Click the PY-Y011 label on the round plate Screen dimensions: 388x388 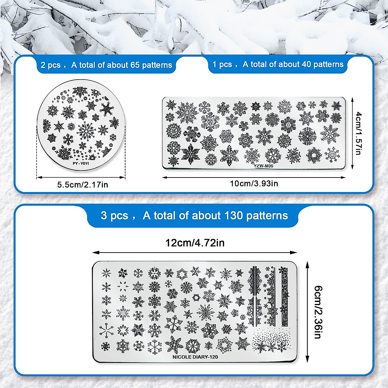[81, 163]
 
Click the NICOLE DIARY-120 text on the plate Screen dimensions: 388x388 [195, 357]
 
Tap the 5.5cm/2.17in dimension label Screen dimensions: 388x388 [82, 185]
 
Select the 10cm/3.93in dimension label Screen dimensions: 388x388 [254, 184]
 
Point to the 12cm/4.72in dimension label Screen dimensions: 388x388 [195, 242]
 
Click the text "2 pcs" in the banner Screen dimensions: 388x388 [50, 65]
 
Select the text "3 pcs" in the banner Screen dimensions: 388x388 [114, 215]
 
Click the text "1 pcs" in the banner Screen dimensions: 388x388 [222, 64]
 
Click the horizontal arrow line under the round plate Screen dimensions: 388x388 [81, 177]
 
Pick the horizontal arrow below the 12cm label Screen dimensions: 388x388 [195, 252]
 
